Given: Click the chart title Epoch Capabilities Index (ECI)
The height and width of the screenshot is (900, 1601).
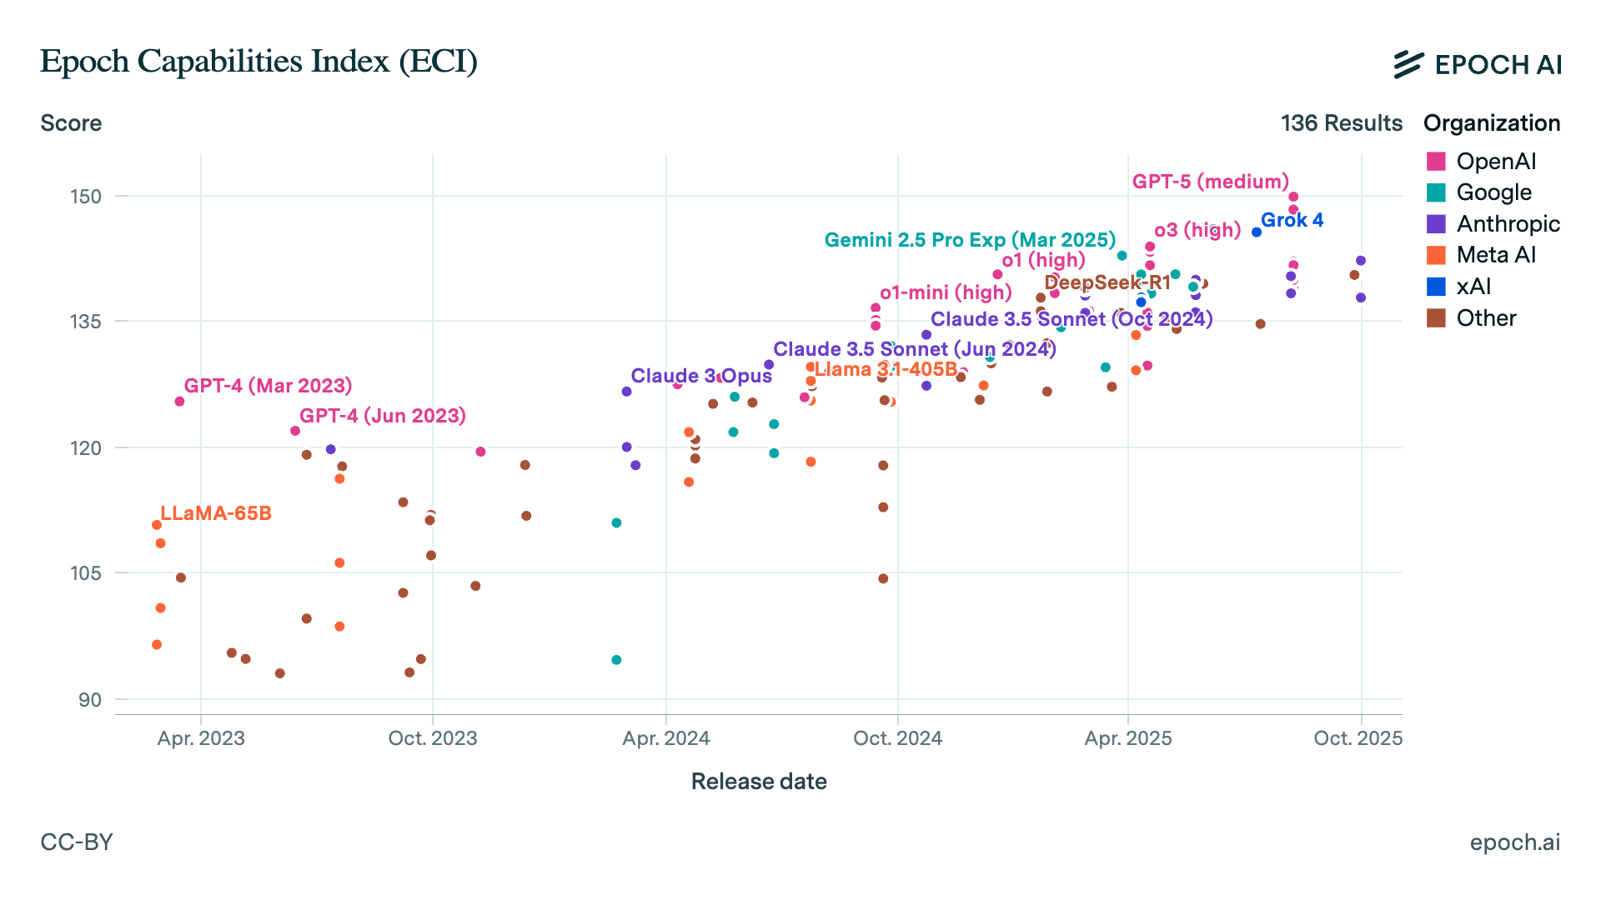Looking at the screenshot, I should (258, 62).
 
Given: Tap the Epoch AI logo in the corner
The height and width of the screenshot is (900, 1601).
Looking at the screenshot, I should (1477, 64).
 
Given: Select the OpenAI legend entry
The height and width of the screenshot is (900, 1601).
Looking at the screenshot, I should (1495, 162).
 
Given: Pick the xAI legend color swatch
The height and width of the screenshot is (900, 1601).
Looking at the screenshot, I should (1436, 287).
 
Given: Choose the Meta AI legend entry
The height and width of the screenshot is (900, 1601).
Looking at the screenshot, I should (1495, 255).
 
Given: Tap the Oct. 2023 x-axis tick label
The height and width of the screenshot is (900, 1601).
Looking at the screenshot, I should (433, 738).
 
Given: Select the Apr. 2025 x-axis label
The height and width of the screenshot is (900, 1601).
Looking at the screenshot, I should (1128, 738).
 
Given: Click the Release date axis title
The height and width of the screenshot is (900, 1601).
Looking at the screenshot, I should (759, 782).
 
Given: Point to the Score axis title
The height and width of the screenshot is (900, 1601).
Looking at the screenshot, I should (71, 123).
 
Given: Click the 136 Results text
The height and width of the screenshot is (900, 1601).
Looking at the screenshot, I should (1342, 123).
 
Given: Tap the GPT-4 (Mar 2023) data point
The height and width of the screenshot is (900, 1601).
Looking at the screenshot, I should (179, 402).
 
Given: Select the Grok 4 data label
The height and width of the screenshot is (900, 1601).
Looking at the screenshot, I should (1292, 220).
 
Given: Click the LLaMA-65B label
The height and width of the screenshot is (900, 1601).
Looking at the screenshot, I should (216, 513).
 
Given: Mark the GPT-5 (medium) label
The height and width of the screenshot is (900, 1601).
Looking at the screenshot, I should (1210, 182).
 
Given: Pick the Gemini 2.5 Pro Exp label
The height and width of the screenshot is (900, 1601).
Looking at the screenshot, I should (970, 240).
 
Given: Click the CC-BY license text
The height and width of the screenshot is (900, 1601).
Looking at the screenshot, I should (77, 842).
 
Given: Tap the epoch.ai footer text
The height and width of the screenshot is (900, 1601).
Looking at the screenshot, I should (1514, 842).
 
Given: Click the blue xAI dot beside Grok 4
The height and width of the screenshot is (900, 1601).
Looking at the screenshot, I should (1257, 232).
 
